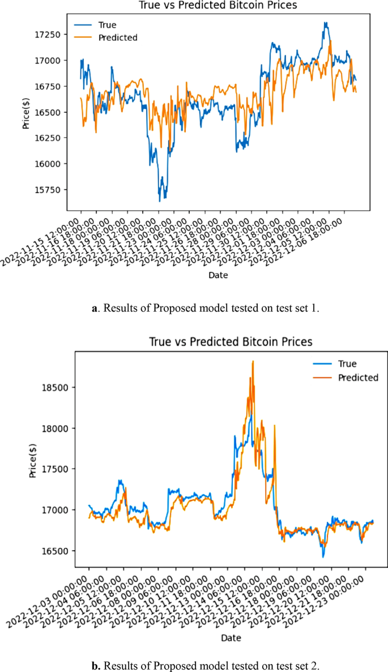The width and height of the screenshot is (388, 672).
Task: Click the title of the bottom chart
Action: coord(231,342)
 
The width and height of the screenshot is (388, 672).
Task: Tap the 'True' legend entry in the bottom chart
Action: coord(347,364)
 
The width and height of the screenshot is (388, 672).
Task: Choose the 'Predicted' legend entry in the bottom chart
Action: coord(357,377)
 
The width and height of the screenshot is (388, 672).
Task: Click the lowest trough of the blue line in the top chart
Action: coord(160,201)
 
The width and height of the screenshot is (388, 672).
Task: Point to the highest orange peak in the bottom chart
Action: coord(253,361)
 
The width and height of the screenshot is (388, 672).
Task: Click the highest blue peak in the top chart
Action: coord(325,23)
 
